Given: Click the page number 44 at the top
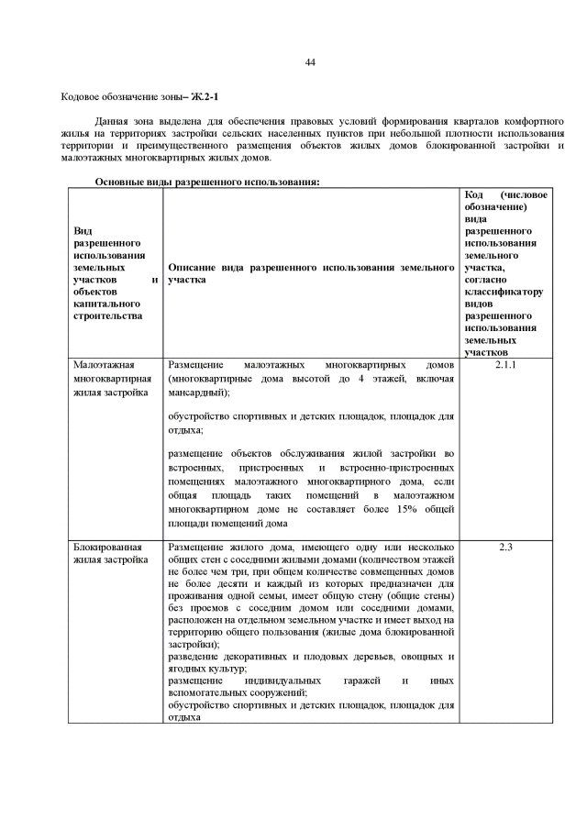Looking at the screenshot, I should click(309, 62).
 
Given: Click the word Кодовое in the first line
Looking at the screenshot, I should click(81, 96).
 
